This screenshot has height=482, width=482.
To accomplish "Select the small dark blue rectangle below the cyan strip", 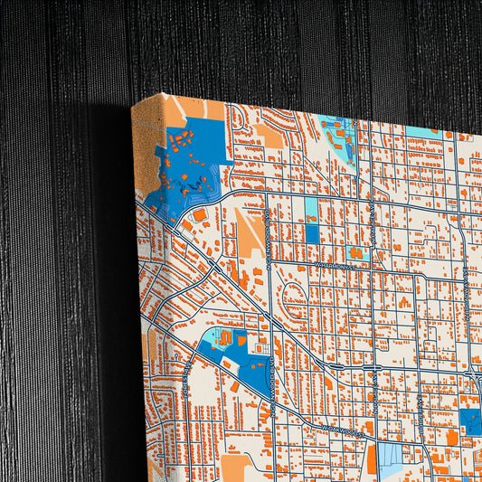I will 312,233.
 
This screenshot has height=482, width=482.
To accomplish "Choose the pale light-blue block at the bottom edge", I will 391,458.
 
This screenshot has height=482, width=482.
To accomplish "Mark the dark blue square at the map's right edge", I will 470,421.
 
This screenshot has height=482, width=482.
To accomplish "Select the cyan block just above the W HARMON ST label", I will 356,252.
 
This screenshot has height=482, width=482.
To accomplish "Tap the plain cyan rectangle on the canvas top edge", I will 421,132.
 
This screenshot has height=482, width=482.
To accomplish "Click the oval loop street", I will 296,293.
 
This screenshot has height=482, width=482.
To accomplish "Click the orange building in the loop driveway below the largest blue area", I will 199,215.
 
